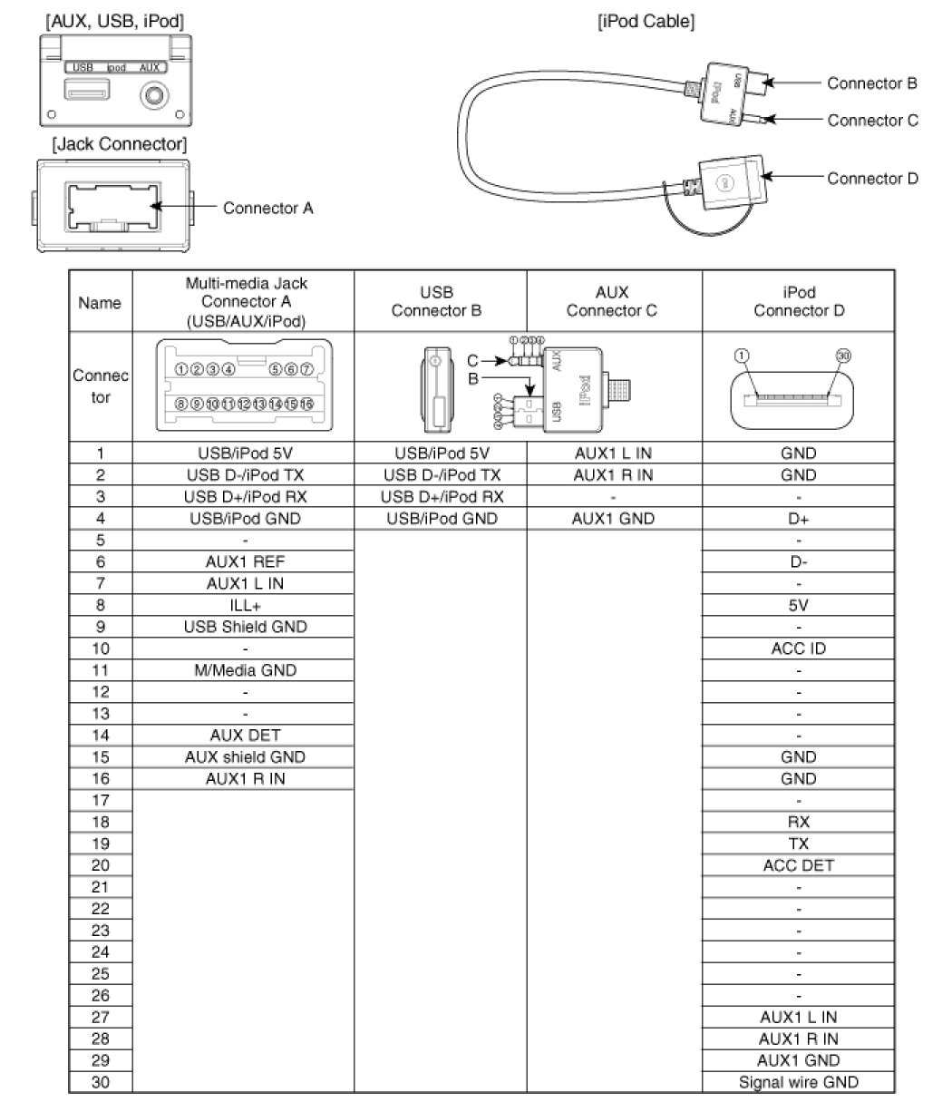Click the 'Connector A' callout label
[x=267, y=208]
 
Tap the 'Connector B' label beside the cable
[x=871, y=83]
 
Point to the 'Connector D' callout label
[x=871, y=179]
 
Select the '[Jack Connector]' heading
[x=120, y=144]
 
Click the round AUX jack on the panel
[x=154, y=93]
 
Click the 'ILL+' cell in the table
[x=243, y=605]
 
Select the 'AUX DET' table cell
[x=243, y=736]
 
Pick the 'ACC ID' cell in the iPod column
[x=798, y=649]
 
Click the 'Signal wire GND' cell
[x=798, y=1082]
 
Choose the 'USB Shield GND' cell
[x=243, y=627]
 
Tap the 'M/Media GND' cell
[x=243, y=670]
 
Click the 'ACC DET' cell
[x=798, y=866]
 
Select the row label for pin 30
[x=101, y=1082]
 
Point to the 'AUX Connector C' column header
[x=613, y=302]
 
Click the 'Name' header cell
[x=101, y=303]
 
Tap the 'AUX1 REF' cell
[x=243, y=561]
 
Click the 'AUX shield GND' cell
[x=243, y=757]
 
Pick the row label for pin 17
[x=101, y=801]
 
